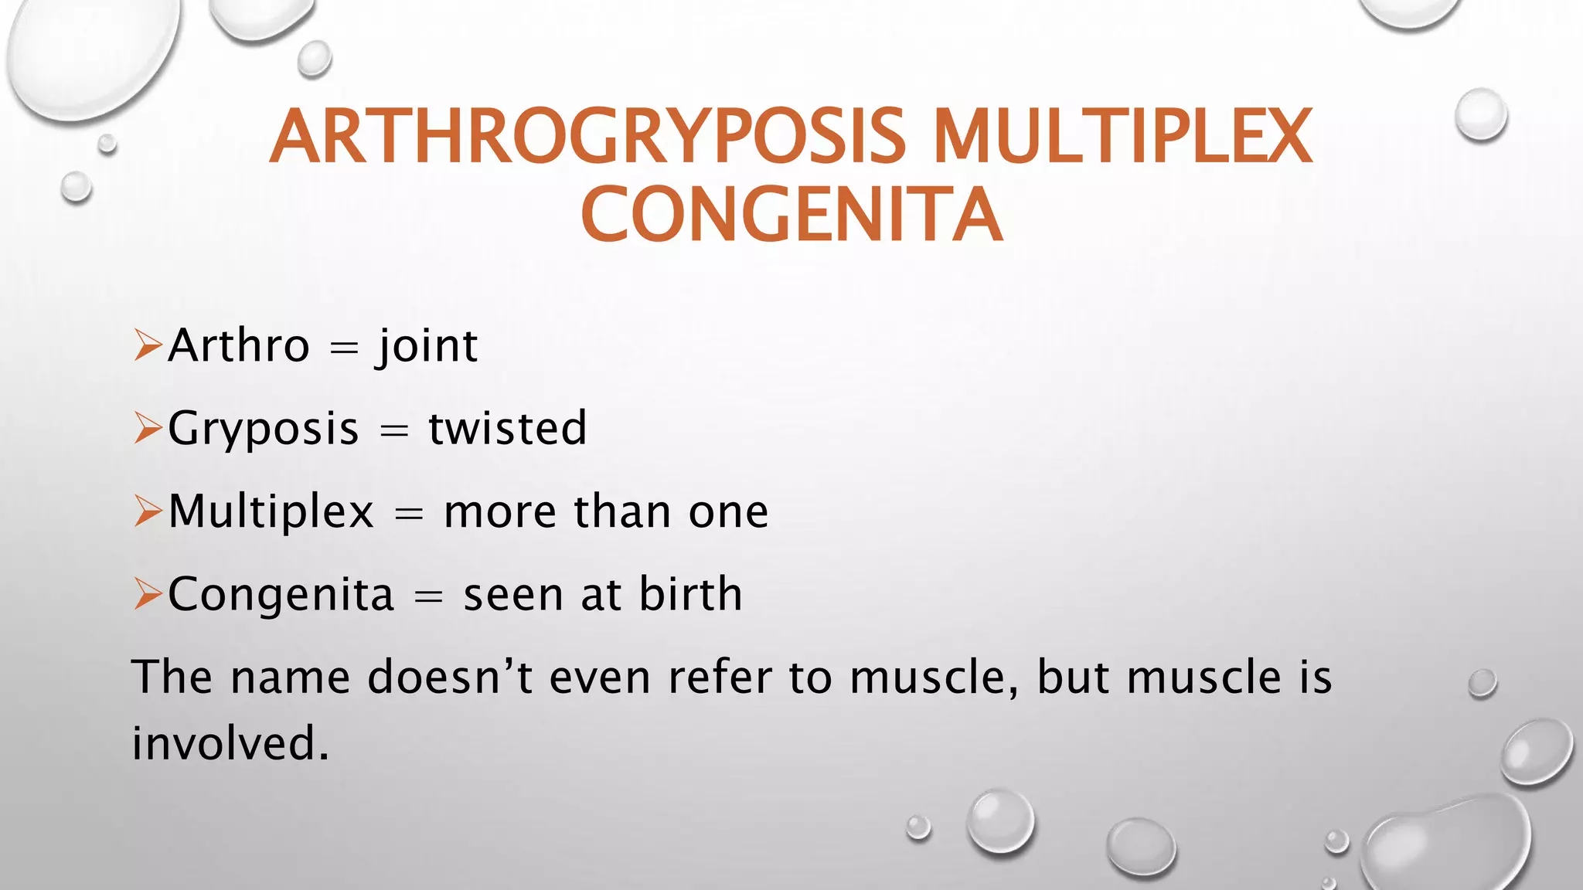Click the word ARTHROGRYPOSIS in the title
coord(587,138)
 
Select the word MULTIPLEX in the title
coord(1122,138)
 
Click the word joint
coord(427,347)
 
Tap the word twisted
coord(508,428)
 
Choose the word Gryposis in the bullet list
coord(264,430)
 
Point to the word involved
coord(230,743)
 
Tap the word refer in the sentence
coord(720,677)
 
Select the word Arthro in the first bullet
coord(239,345)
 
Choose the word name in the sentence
coord(290,678)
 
